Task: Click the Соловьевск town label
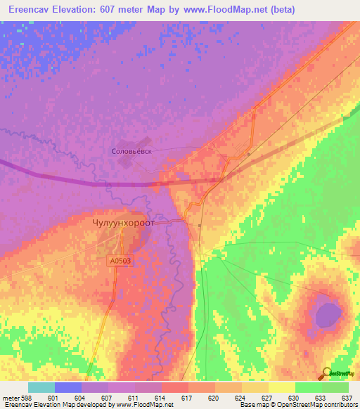(x=132, y=150)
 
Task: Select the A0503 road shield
(x=120, y=261)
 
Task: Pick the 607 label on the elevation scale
(x=108, y=398)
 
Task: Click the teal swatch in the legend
(x=41, y=387)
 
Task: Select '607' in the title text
(x=104, y=9)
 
